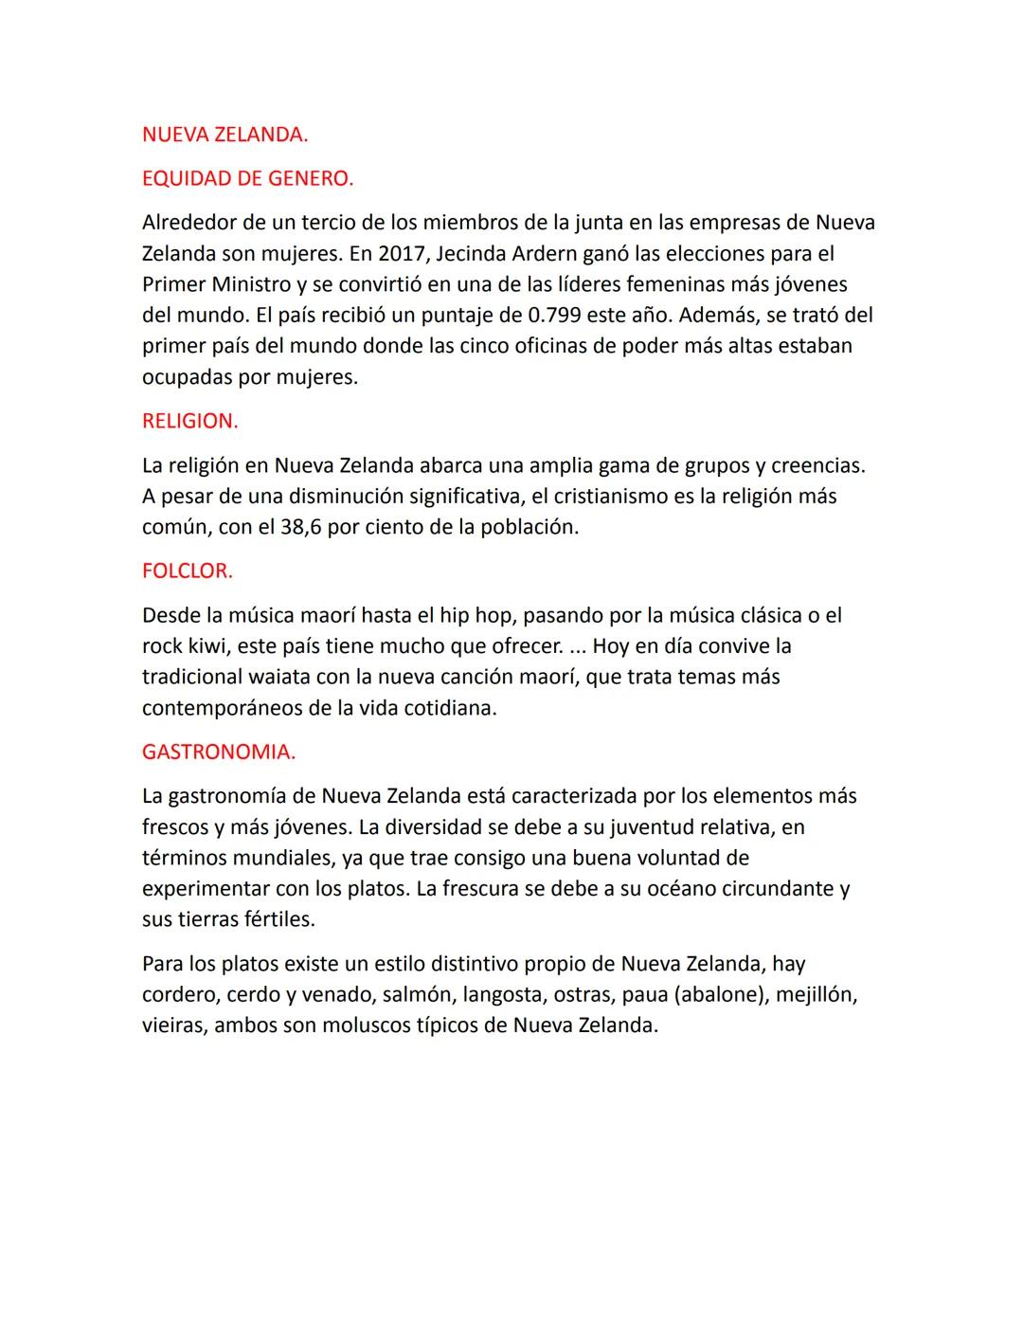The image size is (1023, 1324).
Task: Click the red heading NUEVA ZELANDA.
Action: click(224, 135)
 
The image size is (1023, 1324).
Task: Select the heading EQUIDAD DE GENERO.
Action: click(247, 178)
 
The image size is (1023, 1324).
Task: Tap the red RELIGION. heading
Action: click(189, 421)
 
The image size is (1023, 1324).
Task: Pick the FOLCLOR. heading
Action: click(187, 571)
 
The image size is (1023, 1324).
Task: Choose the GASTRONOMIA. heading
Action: click(218, 752)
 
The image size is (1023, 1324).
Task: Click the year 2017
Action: click(403, 254)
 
